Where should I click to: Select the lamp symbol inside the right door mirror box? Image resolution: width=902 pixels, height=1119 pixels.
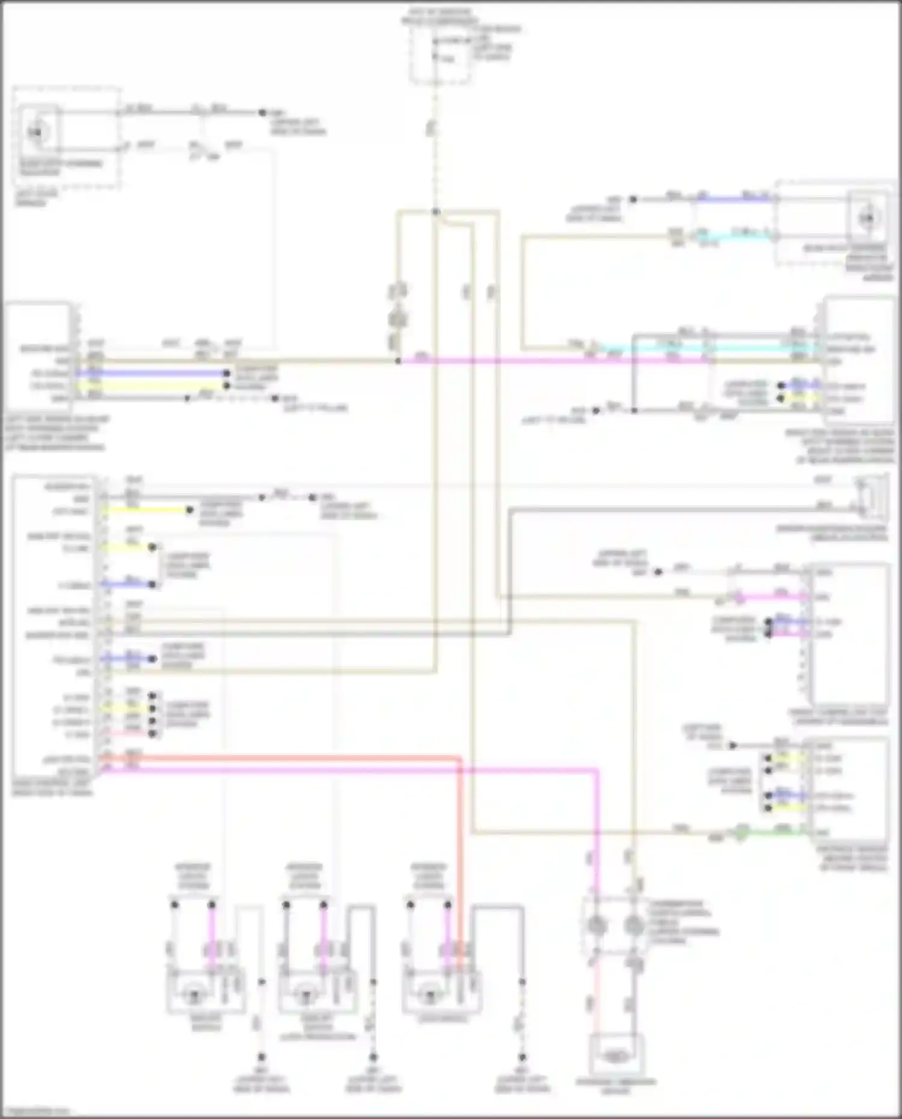[867, 218]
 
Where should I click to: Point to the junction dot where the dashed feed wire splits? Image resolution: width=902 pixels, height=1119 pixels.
[436, 212]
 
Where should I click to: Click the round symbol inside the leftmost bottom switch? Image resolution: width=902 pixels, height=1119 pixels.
[194, 995]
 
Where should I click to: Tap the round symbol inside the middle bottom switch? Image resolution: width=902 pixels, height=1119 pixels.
[305, 995]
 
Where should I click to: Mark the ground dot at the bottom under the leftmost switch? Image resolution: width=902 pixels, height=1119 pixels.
[262, 1057]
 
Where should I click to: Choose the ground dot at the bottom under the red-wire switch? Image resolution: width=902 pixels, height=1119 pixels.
[522, 1057]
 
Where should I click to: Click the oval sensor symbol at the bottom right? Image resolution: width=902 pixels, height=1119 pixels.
[615, 1055]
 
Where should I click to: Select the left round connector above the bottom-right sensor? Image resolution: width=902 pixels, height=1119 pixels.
[595, 926]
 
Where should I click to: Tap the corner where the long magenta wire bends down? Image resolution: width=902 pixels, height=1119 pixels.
[597, 770]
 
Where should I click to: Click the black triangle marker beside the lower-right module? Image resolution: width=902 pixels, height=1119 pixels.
[732, 746]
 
